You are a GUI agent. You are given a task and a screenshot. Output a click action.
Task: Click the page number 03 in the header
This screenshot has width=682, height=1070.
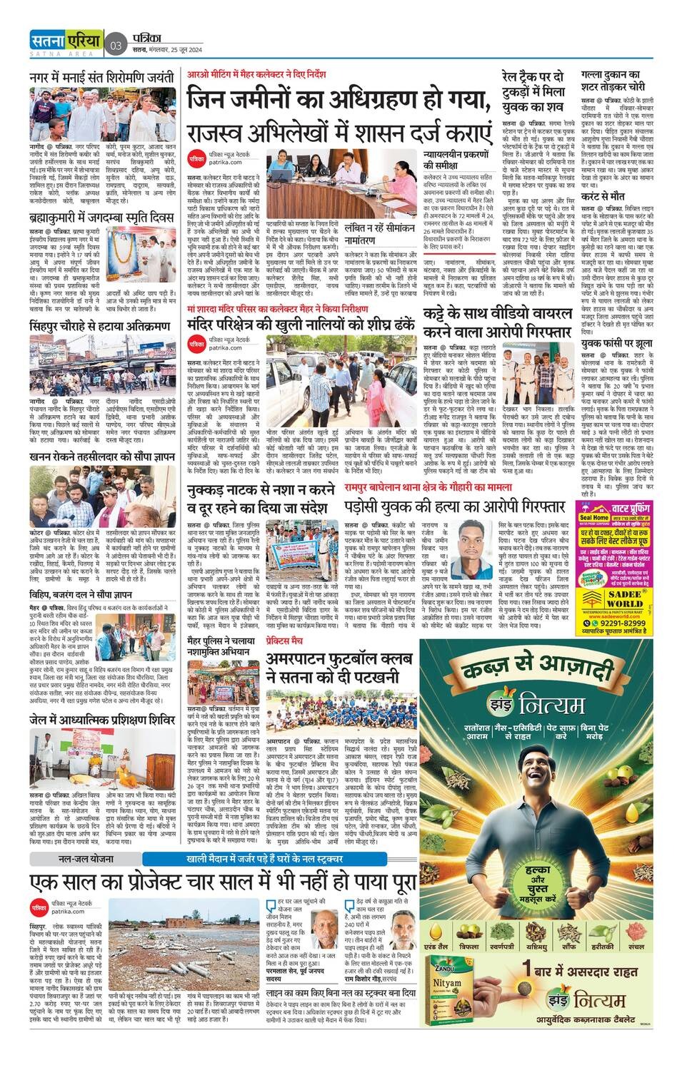[116, 46]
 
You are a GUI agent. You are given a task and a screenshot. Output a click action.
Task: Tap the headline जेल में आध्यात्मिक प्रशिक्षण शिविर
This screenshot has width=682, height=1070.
[102, 720]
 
